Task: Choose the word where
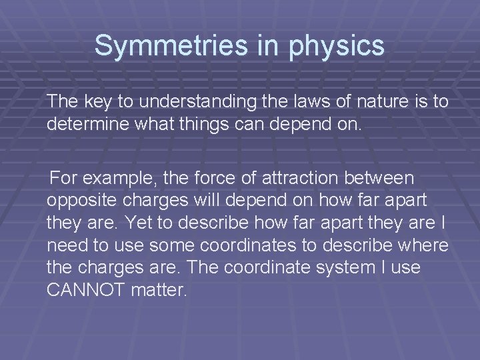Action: coord(421,245)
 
